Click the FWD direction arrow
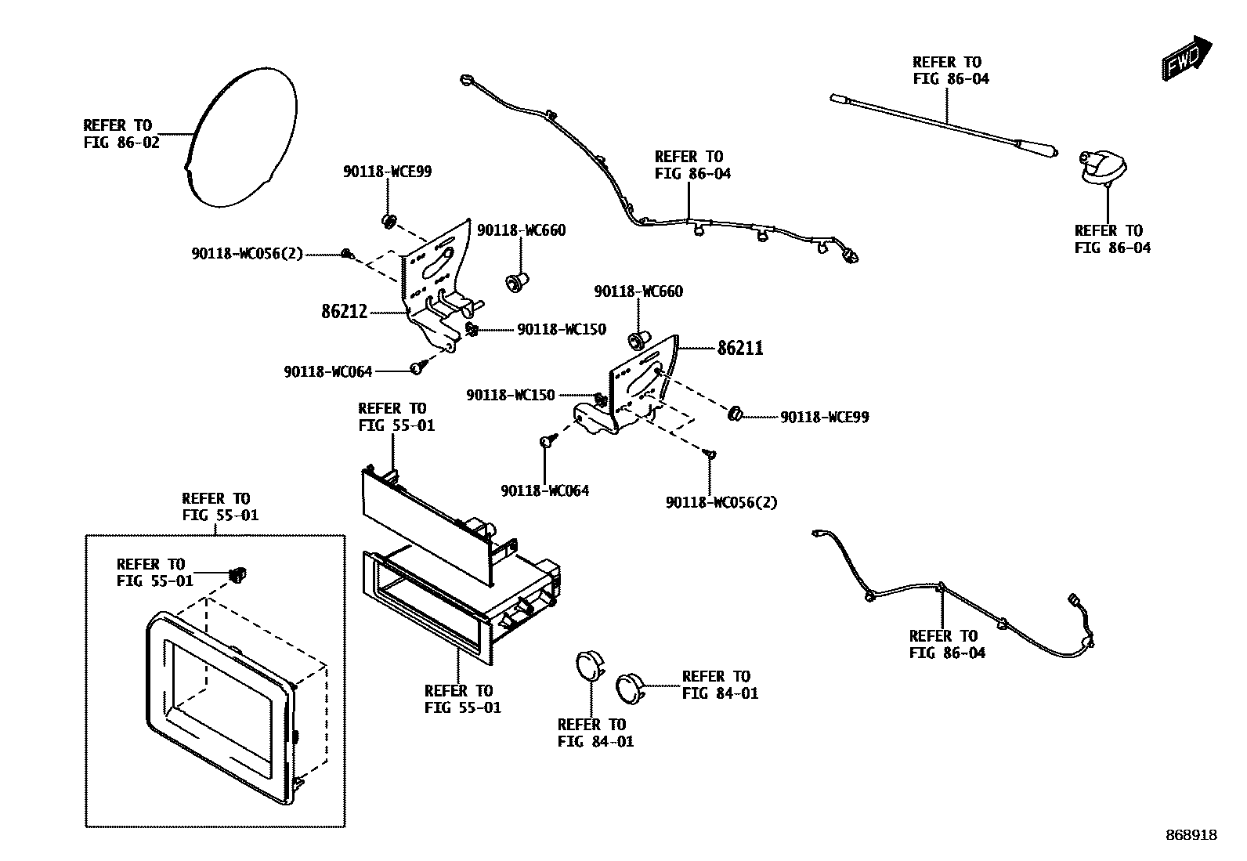coord(1187,57)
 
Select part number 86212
coord(344,312)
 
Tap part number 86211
coord(740,348)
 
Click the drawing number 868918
coord(1190,836)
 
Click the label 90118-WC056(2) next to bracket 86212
coord(247,254)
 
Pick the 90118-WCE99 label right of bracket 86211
coord(824,418)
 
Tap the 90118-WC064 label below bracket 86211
coord(544,491)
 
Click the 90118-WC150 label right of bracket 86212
coord(561,330)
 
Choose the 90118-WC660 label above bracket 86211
coord(638,291)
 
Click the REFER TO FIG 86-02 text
coord(121,134)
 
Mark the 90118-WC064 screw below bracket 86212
coord(417,367)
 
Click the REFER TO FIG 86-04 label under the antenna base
coord(1112,239)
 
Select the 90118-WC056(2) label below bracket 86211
coord(721,502)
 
